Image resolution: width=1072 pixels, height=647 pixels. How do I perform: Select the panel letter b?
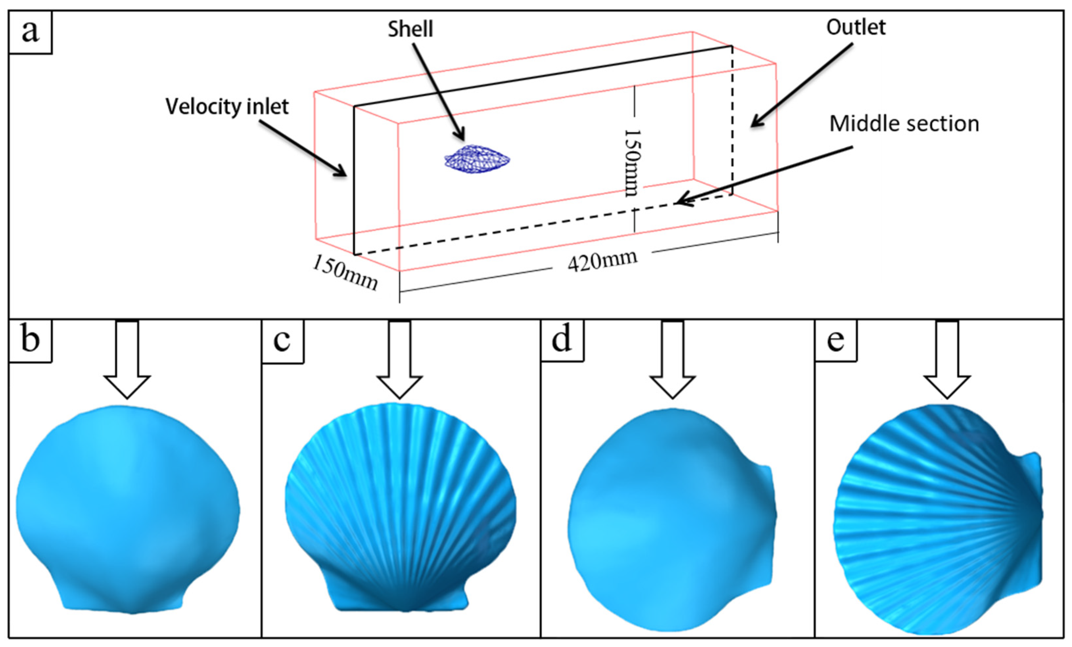pos(30,340)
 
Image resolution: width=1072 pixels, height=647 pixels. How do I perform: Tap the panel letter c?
pos(282,340)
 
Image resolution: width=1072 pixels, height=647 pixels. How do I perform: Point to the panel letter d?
pos(561,340)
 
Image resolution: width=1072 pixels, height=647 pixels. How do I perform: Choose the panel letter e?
pos(835,340)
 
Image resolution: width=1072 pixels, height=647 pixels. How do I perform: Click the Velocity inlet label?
pos(227,106)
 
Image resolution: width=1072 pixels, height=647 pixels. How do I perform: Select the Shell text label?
pos(410,29)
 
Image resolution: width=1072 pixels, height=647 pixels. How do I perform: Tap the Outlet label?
pos(856,27)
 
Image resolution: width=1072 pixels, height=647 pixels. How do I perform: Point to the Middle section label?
pos(904,124)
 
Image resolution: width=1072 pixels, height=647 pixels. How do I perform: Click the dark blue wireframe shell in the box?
pos(477,159)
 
